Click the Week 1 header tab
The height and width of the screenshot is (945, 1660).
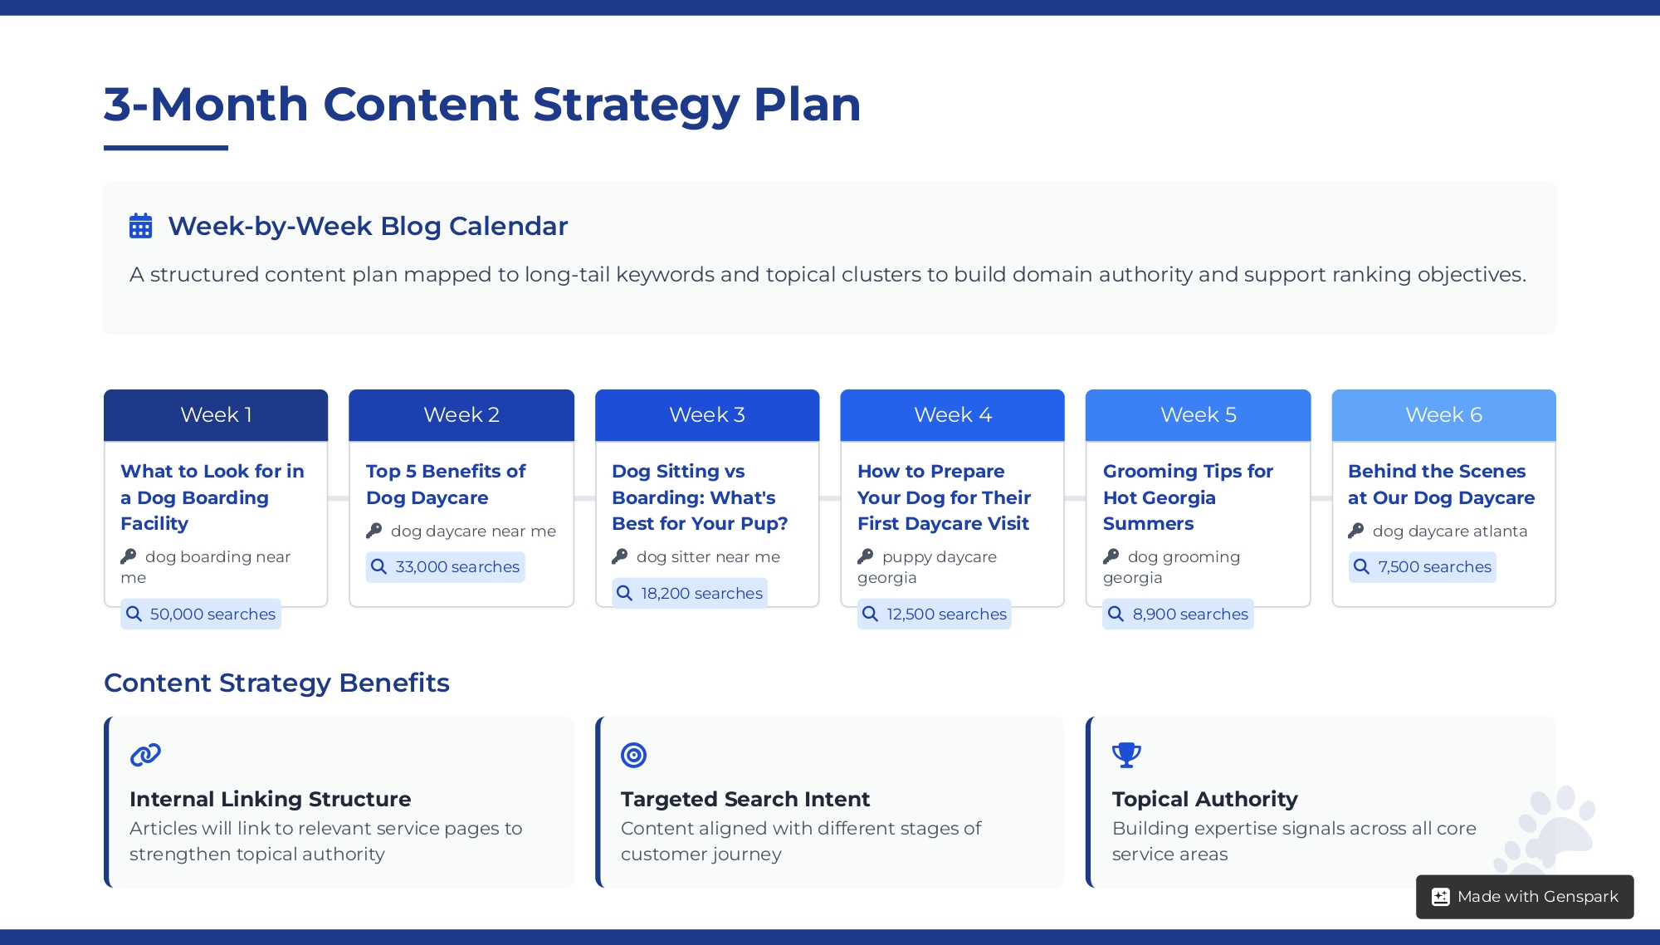click(216, 415)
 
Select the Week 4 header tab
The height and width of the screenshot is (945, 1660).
click(952, 415)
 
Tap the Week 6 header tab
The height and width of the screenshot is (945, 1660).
click(1443, 415)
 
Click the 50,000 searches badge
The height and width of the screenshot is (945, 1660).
click(201, 614)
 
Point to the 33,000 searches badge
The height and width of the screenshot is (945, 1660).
click(446, 567)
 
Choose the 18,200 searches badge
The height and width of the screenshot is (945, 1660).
click(690, 594)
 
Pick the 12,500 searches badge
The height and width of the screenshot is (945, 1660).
click(935, 614)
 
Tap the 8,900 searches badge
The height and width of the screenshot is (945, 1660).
click(1178, 614)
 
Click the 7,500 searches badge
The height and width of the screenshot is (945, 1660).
click(1423, 567)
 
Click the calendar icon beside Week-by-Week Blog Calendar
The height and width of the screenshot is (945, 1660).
click(141, 226)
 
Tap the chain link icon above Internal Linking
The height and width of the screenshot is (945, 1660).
click(145, 755)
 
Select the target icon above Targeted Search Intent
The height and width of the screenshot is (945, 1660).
click(633, 755)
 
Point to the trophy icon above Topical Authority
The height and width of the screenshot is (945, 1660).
click(1126, 755)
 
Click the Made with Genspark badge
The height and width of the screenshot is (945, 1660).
click(1525, 897)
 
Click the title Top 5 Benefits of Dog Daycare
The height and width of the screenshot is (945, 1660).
click(446, 484)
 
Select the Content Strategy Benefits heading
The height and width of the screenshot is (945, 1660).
click(276, 683)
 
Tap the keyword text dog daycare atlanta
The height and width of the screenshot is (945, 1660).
click(1449, 531)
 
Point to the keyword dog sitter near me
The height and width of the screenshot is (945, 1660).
click(708, 557)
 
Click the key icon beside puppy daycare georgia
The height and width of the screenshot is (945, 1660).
click(866, 556)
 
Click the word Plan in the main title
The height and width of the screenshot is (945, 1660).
click(807, 105)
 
